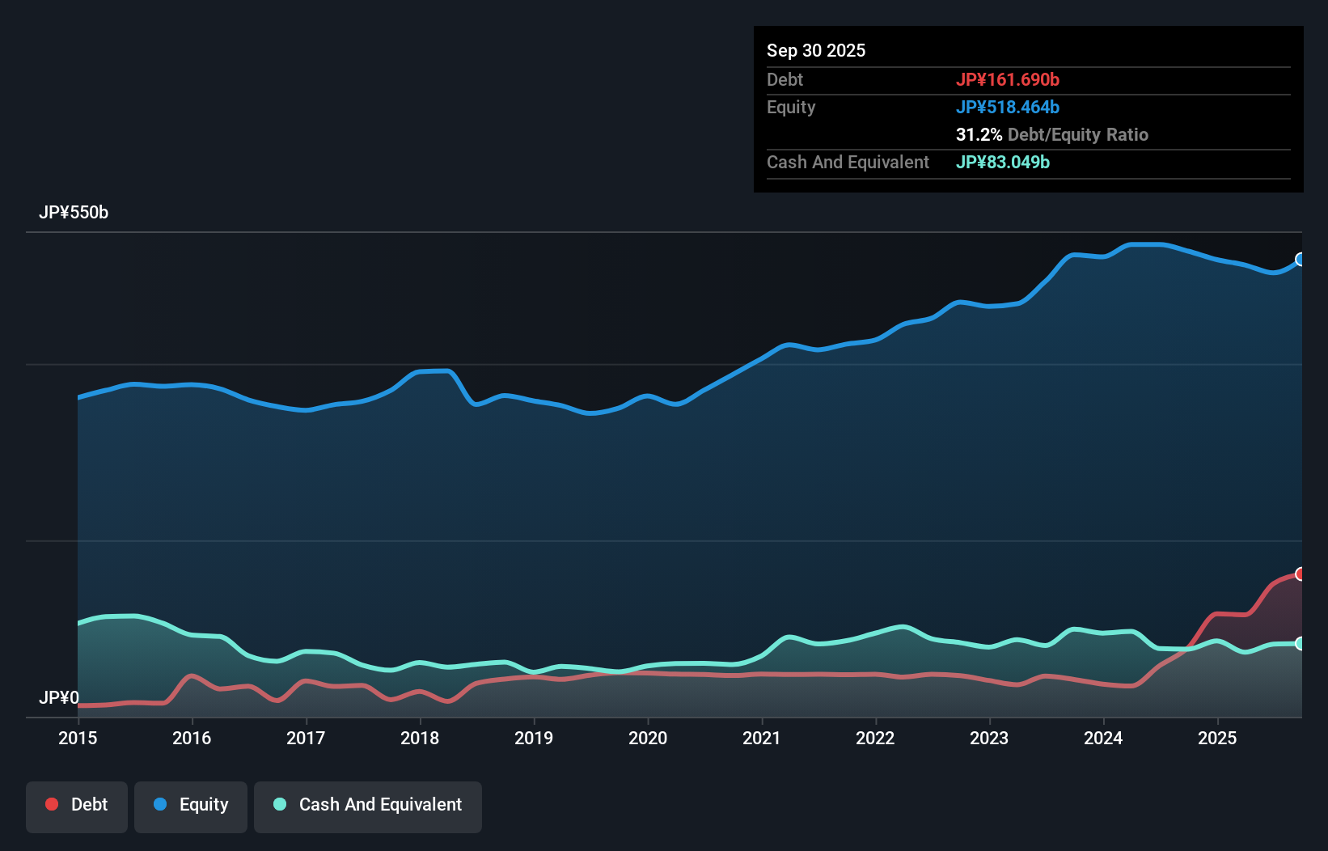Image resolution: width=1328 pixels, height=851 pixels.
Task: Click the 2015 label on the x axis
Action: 78,738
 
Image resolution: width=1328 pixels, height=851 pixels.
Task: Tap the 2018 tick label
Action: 420,738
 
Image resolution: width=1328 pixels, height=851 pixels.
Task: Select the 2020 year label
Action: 648,738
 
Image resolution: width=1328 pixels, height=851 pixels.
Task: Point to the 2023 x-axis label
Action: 989,738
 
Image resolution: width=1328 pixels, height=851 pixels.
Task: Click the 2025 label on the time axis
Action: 1217,738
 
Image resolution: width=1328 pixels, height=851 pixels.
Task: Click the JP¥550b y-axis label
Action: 74,213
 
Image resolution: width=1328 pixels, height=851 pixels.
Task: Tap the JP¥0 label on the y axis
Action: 59,697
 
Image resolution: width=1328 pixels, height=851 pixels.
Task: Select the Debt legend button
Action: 77,805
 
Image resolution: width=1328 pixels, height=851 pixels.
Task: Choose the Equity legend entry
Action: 191,805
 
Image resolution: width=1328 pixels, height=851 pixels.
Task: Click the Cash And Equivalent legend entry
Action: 368,805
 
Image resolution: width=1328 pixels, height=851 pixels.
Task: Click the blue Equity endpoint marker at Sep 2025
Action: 1301,260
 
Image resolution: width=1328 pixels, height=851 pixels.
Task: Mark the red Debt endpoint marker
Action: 1301,574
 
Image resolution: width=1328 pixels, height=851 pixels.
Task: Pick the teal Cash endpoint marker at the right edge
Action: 1301,644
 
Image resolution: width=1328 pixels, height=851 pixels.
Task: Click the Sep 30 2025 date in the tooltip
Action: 816,50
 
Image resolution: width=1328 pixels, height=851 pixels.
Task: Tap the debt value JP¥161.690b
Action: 1008,79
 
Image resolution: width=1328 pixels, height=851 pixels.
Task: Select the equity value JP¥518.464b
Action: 1008,107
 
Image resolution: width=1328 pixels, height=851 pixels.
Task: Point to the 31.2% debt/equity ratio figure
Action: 979,134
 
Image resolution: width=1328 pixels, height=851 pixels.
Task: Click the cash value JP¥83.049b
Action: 1003,162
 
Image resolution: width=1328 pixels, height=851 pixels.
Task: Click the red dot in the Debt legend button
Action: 52,804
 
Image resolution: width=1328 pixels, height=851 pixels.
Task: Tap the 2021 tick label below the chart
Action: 762,738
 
